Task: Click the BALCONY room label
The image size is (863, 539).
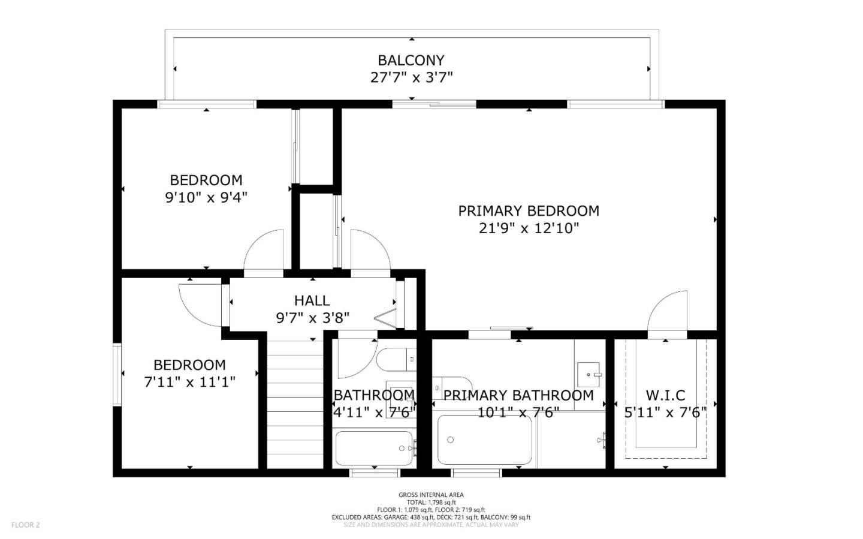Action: (411, 60)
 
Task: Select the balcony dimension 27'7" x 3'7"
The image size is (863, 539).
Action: (411, 77)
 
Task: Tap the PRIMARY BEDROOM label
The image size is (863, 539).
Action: (528, 211)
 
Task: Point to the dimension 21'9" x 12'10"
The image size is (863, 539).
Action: (529, 228)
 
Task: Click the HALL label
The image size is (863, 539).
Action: (312, 300)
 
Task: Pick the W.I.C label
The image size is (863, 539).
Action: (665, 395)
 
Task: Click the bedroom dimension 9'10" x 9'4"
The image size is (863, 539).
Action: (206, 197)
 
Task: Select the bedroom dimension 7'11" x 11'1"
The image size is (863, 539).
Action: (189, 382)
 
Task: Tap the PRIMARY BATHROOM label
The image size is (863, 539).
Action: (518, 395)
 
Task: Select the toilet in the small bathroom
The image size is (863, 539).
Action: (396, 360)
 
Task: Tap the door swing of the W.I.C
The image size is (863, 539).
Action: (666, 312)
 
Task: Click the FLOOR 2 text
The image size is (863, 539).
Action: (25, 525)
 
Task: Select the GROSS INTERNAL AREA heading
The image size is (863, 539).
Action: (431, 495)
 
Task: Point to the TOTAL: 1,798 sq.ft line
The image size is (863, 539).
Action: (431, 502)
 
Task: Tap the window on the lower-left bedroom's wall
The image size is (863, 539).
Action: (117, 374)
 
